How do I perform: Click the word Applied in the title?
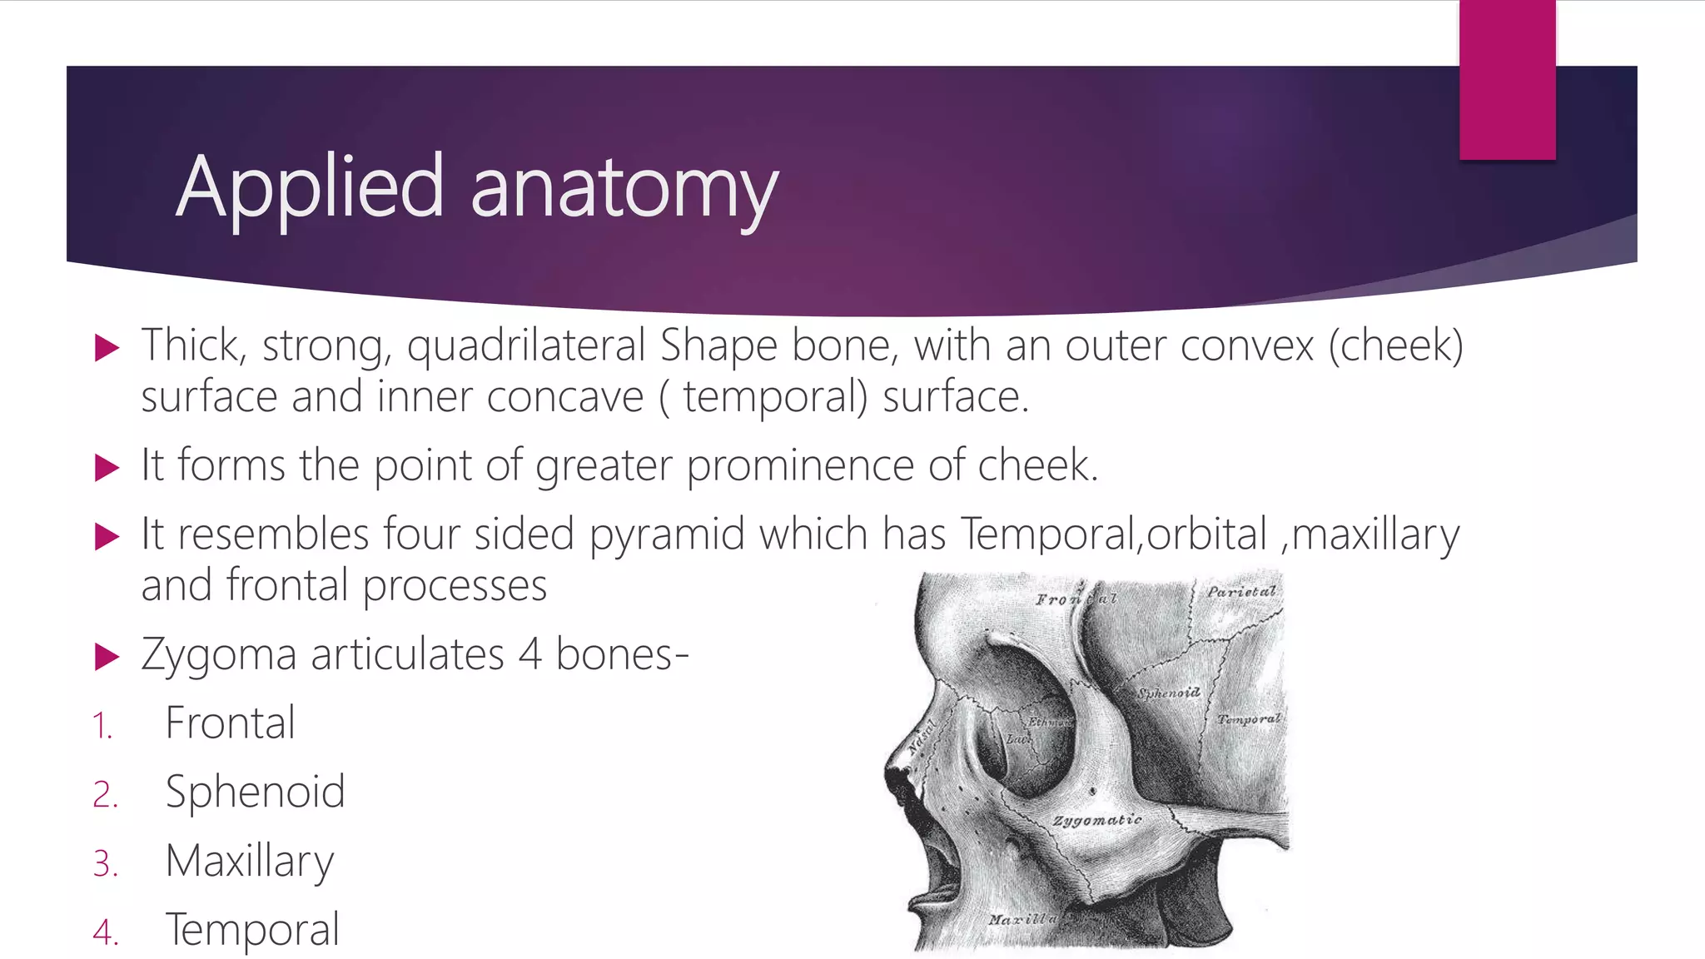pyautogui.click(x=309, y=188)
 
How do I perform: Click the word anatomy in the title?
pyautogui.click(x=624, y=191)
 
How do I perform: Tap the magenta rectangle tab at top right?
pyautogui.click(x=1507, y=80)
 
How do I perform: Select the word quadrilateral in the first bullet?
pyautogui.click(x=525, y=346)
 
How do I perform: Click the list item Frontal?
pyautogui.click(x=230, y=723)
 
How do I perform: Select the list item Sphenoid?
pyautogui.click(x=255, y=792)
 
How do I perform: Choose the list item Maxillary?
pyautogui.click(x=249, y=861)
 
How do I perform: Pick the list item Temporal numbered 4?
pyautogui.click(x=252, y=930)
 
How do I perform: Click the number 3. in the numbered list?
pyautogui.click(x=106, y=864)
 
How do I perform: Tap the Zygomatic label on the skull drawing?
pyautogui.click(x=1096, y=821)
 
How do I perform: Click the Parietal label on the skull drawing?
pyautogui.click(x=1241, y=592)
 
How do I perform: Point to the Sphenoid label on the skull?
pyautogui.click(x=1169, y=693)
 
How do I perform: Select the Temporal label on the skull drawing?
pyautogui.click(x=1248, y=718)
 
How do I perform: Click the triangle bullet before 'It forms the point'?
pyautogui.click(x=107, y=468)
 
